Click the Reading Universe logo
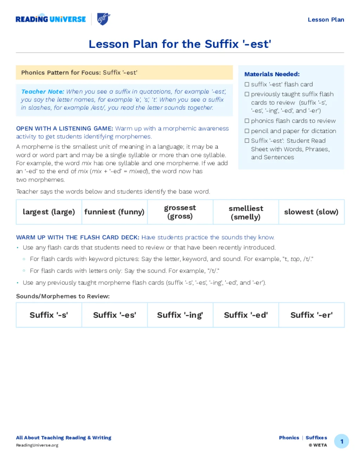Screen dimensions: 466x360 pyautogui.click(x=51, y=19)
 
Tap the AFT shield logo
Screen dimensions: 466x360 pyautogui.click(x=103, y=19)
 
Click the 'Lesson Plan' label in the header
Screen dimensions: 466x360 pyautogui.click(x=326, y=20)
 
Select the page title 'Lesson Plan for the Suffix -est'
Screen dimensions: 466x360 pyautogui.click(x=180, y=44)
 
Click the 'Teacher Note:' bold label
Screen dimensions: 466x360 pyautogui.click(x=43, y=92)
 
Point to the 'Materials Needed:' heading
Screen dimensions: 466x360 pyautogui.click(x=272, y=74)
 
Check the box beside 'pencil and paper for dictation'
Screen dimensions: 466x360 pyautogui.click(x=247, y=131)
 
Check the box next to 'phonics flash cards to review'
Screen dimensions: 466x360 pyautogui.click(x=247, y=121)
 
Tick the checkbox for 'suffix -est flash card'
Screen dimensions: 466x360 pyautogui.click(x=247, y=84)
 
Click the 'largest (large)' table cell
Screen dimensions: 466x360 pyautogui.click(x=49, y=212)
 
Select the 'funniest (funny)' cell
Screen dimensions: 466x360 pyautogui.click(x=114, y=212)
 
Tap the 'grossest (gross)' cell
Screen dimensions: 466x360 pyautogui.click(x=180, y=212)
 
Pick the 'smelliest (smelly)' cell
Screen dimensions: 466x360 pyautogui.click(x=246, y=212)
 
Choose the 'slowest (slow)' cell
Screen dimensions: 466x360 pyautogui.click(x=311, y=212)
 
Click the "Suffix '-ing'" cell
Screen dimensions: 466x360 pyautogui.click(x=180, y=315)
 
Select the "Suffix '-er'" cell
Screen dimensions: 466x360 pyautogui.click(x=311, y=315)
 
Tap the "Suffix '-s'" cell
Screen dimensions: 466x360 pyautogui.click(x=49, y=315)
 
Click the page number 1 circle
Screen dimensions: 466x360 pyautogui.click(x=341, y=441)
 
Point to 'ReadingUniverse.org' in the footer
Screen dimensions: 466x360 pyautogui.click(x=37, y=445)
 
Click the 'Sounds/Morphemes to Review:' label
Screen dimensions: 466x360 pyautogui.click(x=63, y=296)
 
